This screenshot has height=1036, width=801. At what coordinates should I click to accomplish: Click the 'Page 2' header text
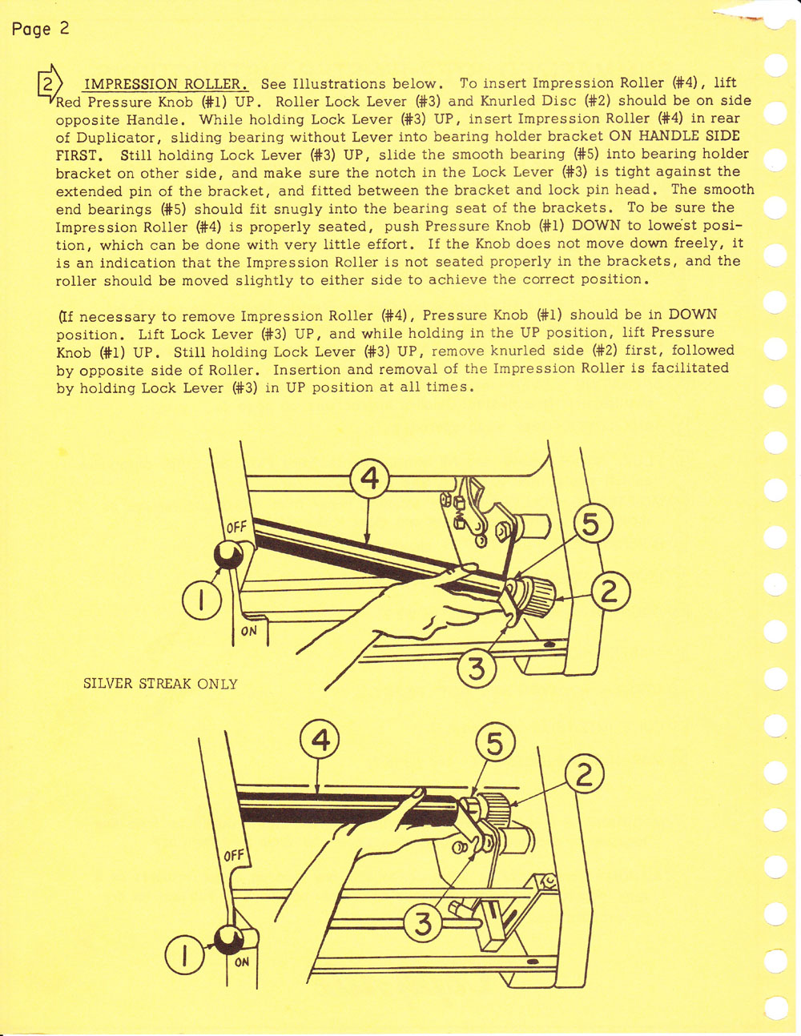coord(40,29)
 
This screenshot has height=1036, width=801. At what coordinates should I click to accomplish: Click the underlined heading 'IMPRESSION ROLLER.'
coord(167,84)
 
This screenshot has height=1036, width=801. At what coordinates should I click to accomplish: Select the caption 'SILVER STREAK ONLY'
coord(160,684)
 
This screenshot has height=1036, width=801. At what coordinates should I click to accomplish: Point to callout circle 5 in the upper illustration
coord(591,524)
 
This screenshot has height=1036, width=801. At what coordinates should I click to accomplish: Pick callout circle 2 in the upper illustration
coord(610,592)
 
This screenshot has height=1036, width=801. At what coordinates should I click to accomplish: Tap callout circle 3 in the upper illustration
coord(477,668)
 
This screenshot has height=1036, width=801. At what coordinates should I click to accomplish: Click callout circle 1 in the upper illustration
coord(202,600)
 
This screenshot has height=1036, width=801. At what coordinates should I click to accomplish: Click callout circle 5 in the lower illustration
coord(495,745)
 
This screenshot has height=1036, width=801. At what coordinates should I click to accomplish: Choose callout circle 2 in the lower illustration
coord(584,776)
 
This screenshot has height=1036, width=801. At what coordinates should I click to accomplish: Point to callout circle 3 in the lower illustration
coord(424,924)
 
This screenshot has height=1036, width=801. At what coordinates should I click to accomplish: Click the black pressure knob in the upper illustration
coord(227,553)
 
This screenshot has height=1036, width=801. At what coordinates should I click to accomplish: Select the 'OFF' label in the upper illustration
coord(236,528)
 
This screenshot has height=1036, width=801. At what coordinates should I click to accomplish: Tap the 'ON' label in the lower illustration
coord(242,962)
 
